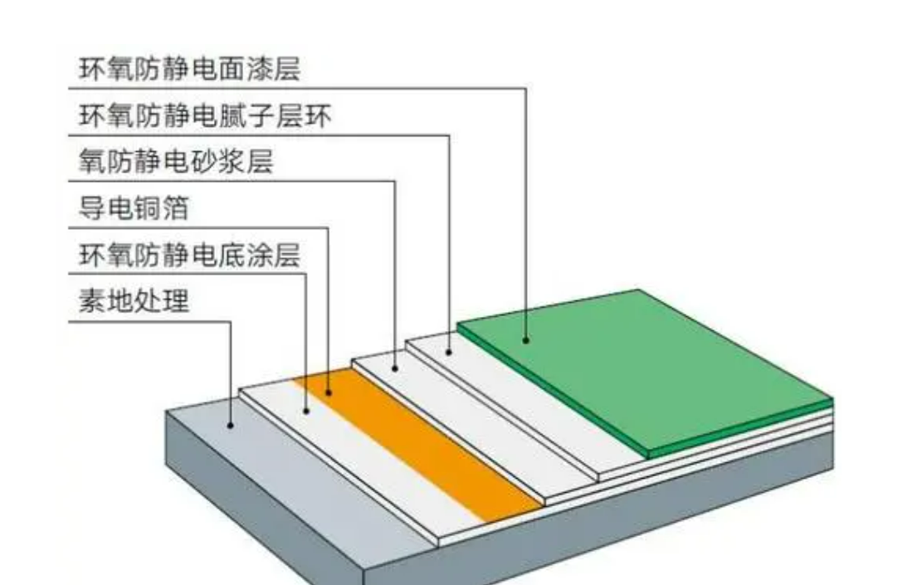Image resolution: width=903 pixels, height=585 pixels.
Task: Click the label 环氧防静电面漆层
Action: tap(189, 69)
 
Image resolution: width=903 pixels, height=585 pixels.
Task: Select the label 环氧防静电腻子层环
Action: tap(205, 115)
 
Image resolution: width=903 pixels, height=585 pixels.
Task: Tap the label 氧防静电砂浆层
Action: tap(176, 161)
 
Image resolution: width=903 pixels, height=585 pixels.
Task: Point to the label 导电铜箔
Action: tap(134, 207)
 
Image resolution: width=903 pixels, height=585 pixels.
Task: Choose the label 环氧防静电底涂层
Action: tap(189, 255)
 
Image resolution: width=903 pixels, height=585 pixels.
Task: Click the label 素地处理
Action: tap(134, 300)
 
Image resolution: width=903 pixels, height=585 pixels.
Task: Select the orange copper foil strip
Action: tap(418, 446)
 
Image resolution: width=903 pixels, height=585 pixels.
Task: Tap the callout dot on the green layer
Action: tap(526, 340)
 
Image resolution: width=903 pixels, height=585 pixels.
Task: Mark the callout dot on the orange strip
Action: tap(329, 392)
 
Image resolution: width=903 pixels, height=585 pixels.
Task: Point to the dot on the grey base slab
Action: tap(231, 426)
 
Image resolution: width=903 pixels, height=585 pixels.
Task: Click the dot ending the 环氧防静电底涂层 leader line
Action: tap(305, 411)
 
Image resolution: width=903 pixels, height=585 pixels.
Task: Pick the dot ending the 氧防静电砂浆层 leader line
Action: tap(395, 368)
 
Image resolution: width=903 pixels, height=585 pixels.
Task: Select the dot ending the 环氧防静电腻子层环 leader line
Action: tap(449, 352)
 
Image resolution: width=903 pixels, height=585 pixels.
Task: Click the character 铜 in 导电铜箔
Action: tap(148, 207)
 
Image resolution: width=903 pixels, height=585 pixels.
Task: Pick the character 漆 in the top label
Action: tap(259, 69)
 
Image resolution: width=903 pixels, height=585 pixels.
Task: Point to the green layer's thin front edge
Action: tap(741, 427)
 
